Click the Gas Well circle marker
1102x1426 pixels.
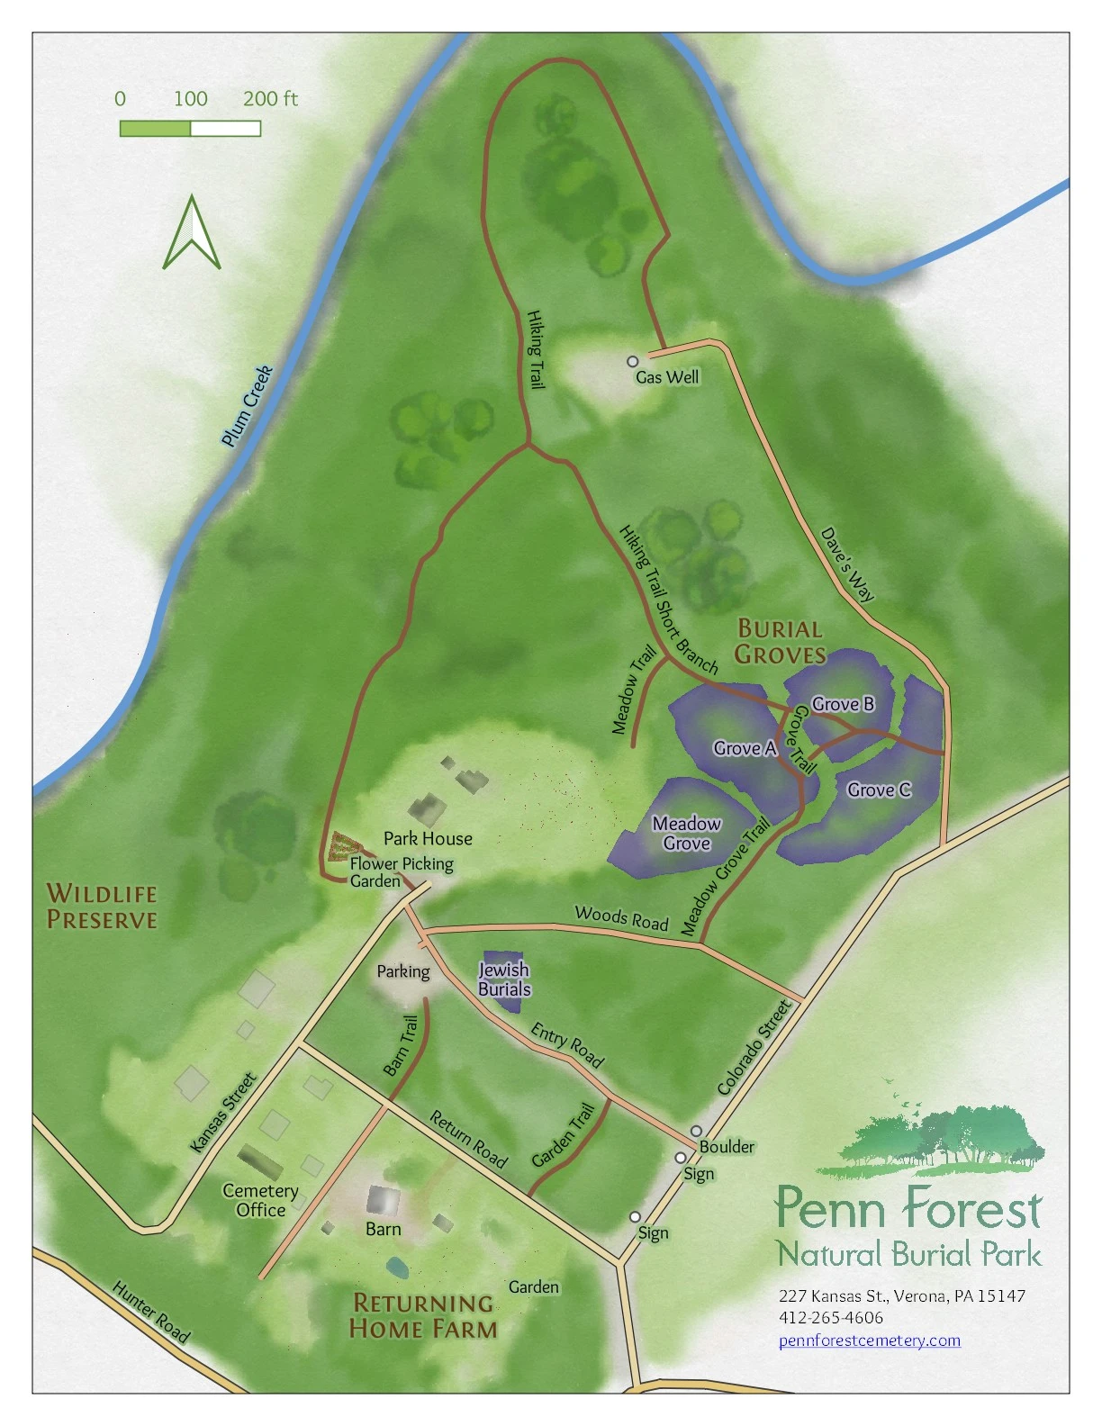click(633, 361)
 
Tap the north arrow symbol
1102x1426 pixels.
click(191, 234)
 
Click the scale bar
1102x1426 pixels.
click(190, 129)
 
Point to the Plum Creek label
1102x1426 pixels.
click(247, 406)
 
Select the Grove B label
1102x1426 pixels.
click(843, 704)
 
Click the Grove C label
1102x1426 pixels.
click(879, 790)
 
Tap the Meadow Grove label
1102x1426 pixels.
click(687, 834)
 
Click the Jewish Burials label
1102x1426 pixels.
click(504, 979)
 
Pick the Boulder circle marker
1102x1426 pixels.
click(696, 1131)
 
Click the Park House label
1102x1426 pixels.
click(428, 838)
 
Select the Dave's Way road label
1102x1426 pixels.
click(847, 564)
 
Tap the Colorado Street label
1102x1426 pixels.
click(755, 1047)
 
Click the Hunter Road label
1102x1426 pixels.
click(151, 1313)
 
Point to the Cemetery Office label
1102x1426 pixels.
click(260, 1200)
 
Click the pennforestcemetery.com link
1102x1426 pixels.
click(869, 1340)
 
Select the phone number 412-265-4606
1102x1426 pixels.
click(830, 1317)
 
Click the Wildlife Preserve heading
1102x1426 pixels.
click(102, 907)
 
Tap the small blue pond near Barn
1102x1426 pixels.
click(396, 1268)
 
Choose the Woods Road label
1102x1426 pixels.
click(621, 917)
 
